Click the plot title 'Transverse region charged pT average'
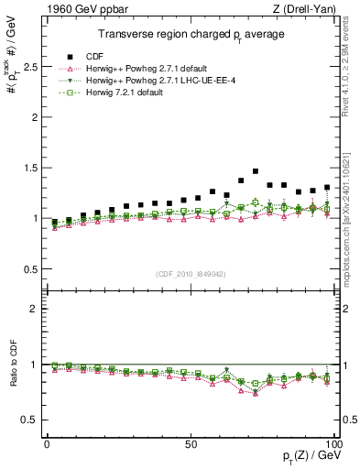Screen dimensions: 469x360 coord(191,34)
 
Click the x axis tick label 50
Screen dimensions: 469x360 coord(191,443)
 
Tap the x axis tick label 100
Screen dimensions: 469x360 coord(333,443)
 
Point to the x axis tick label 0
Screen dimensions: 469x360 coord(47,443)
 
